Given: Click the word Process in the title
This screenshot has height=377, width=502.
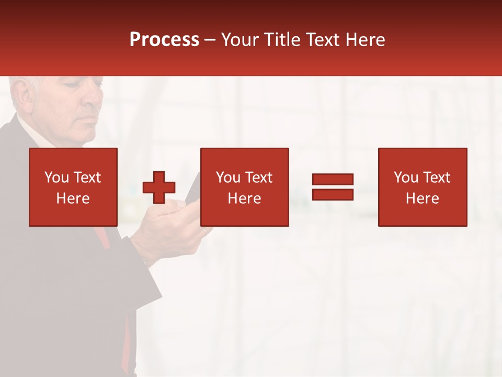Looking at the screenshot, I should click(164, 40).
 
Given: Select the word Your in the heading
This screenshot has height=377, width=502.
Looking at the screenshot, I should click(241, 40).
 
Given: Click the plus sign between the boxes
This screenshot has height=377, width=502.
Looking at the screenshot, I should click(159, 187).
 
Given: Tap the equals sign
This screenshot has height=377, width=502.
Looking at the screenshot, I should click(333, 187).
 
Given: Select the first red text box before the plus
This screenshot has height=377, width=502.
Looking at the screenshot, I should click(73, 187).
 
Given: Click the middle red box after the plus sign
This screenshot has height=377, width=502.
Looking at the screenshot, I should click(244, 187).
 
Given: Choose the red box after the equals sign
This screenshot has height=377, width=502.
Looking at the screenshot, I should click(422, 187).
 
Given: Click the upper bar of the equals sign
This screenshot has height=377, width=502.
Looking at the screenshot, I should click(333, 180).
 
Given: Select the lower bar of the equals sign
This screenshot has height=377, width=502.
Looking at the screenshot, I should click(333, 194).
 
